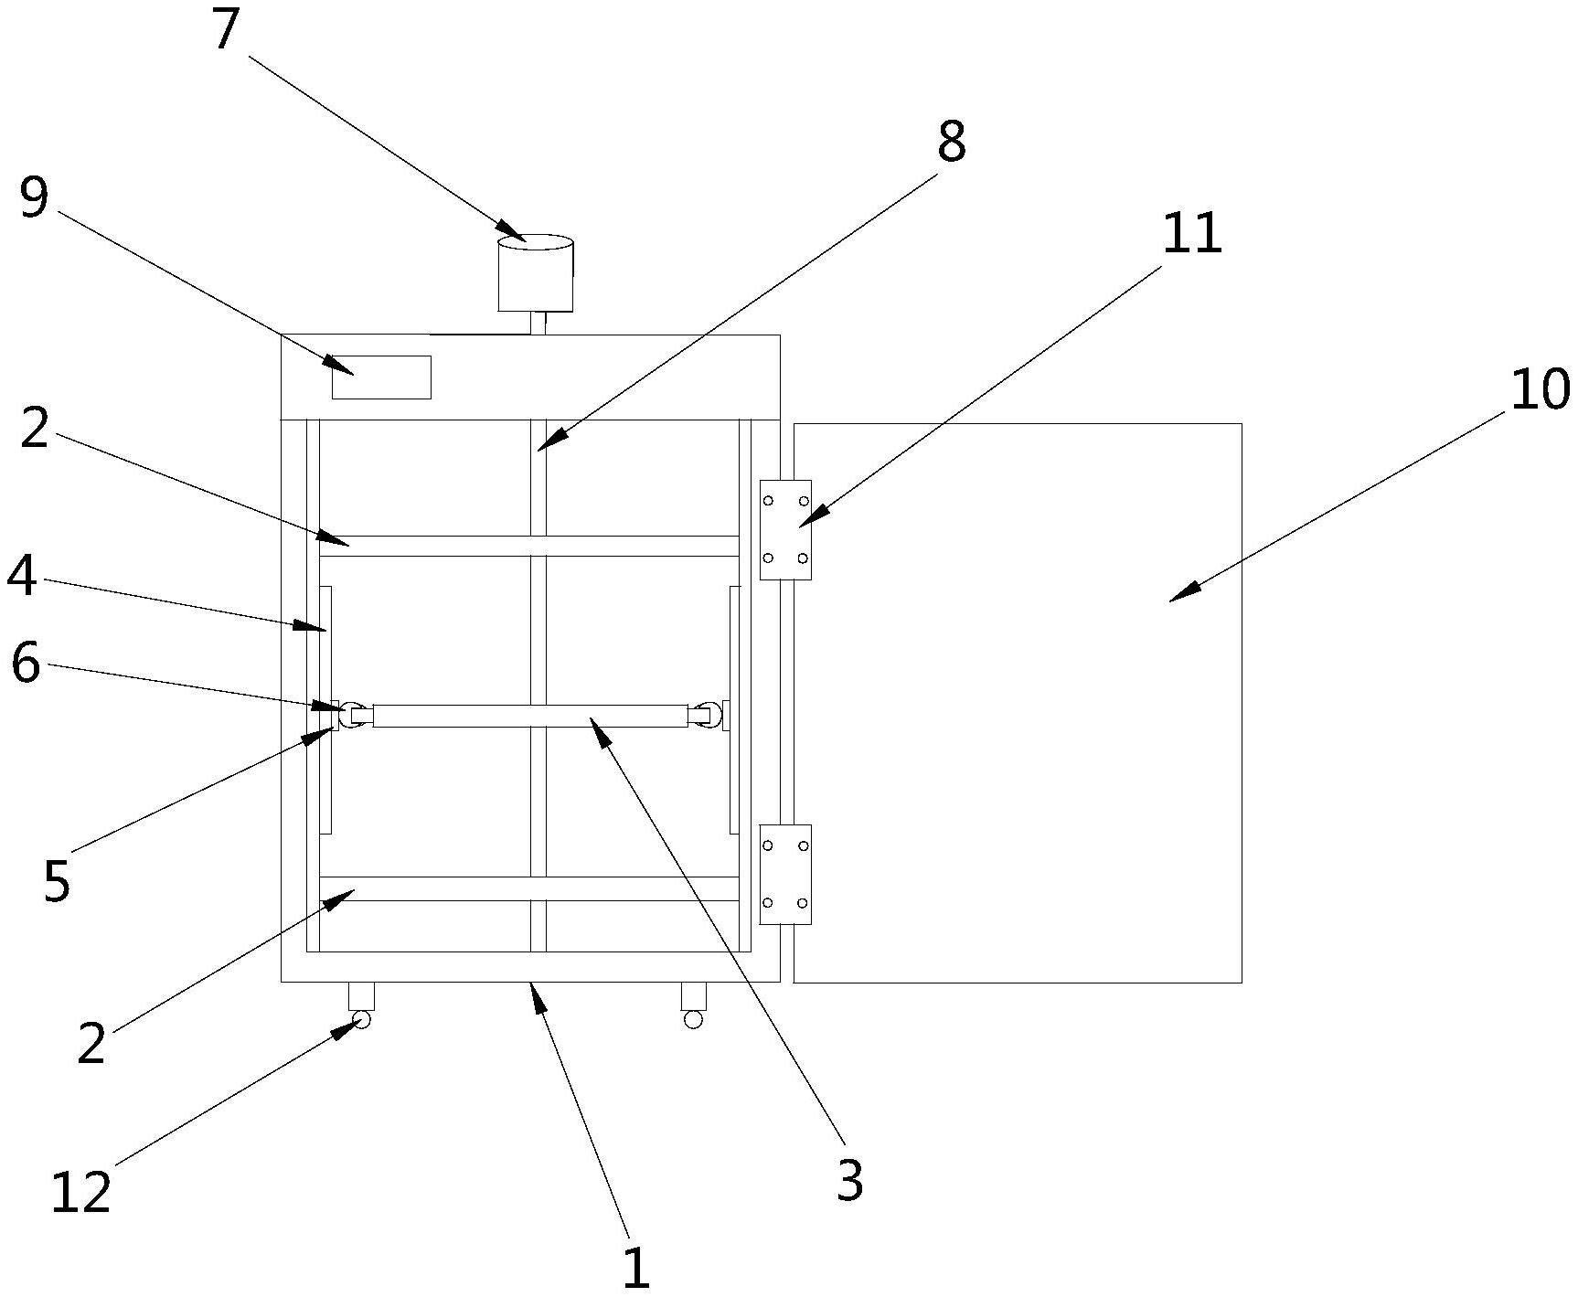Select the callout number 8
tap(951, 144)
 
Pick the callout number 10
tap(1540, 389)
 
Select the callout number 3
tap(849, 1181)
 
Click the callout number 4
tap(22, 577)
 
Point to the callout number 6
tap(26, 664)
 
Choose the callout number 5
tap(56, 881)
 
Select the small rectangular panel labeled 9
tap(381, 377)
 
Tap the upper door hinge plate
tap(785, 529)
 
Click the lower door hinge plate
tap(785, 875)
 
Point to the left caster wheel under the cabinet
tap(361, 1019)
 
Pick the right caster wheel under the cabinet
tap(693, 1019)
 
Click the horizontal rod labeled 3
tap(530, 716)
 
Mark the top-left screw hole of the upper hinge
tap(769, 501)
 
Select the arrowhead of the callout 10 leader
tap(1173, 600)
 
